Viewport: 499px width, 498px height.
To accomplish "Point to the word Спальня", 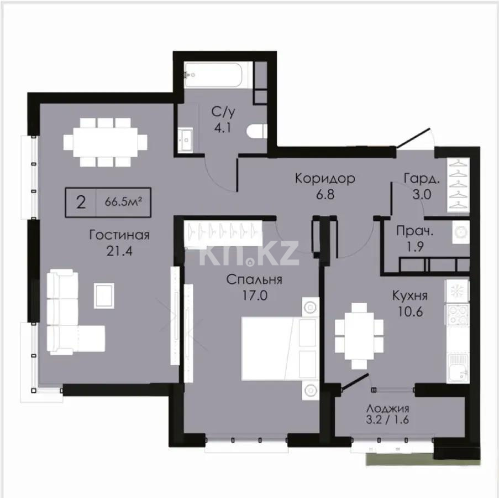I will [255, 279].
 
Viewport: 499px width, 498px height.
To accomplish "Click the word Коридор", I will [324, 179].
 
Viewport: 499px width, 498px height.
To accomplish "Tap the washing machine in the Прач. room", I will [458, 233].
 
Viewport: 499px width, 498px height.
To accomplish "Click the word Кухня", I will [409, 296].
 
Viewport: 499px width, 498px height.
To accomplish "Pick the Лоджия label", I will [387, 409].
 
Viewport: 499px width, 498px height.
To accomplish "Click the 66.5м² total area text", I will [123, 201].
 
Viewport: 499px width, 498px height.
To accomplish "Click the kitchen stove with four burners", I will [458, 315].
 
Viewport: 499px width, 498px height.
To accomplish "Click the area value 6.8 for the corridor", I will [324, 194].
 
